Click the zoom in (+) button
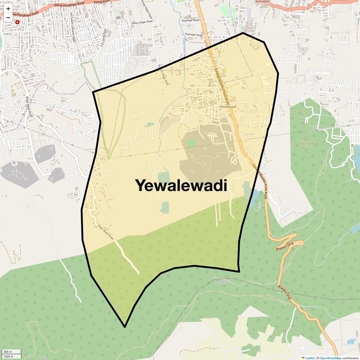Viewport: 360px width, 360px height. [8, 9]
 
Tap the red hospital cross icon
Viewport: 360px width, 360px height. [17, 22]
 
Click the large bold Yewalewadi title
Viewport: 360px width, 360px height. [181, 185]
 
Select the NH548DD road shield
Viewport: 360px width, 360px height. [262, 2]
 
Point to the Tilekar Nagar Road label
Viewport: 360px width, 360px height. [142, 22]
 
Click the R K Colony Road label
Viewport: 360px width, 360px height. [103, 37]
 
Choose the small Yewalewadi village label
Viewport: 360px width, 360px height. [228, 107]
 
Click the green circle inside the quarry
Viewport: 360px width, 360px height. [191, 143]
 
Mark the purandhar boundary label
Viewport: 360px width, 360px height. [222, 282]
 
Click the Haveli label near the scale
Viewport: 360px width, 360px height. [42, 357]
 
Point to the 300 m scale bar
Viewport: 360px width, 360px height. [11, 352]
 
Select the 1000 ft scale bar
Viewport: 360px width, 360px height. [11, 356]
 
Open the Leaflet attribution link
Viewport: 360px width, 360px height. [310, 358]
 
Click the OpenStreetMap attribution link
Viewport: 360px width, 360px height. [331, 358]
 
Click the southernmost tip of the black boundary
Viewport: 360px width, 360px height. [125, 327]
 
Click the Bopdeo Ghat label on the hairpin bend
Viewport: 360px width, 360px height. [285, 246]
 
